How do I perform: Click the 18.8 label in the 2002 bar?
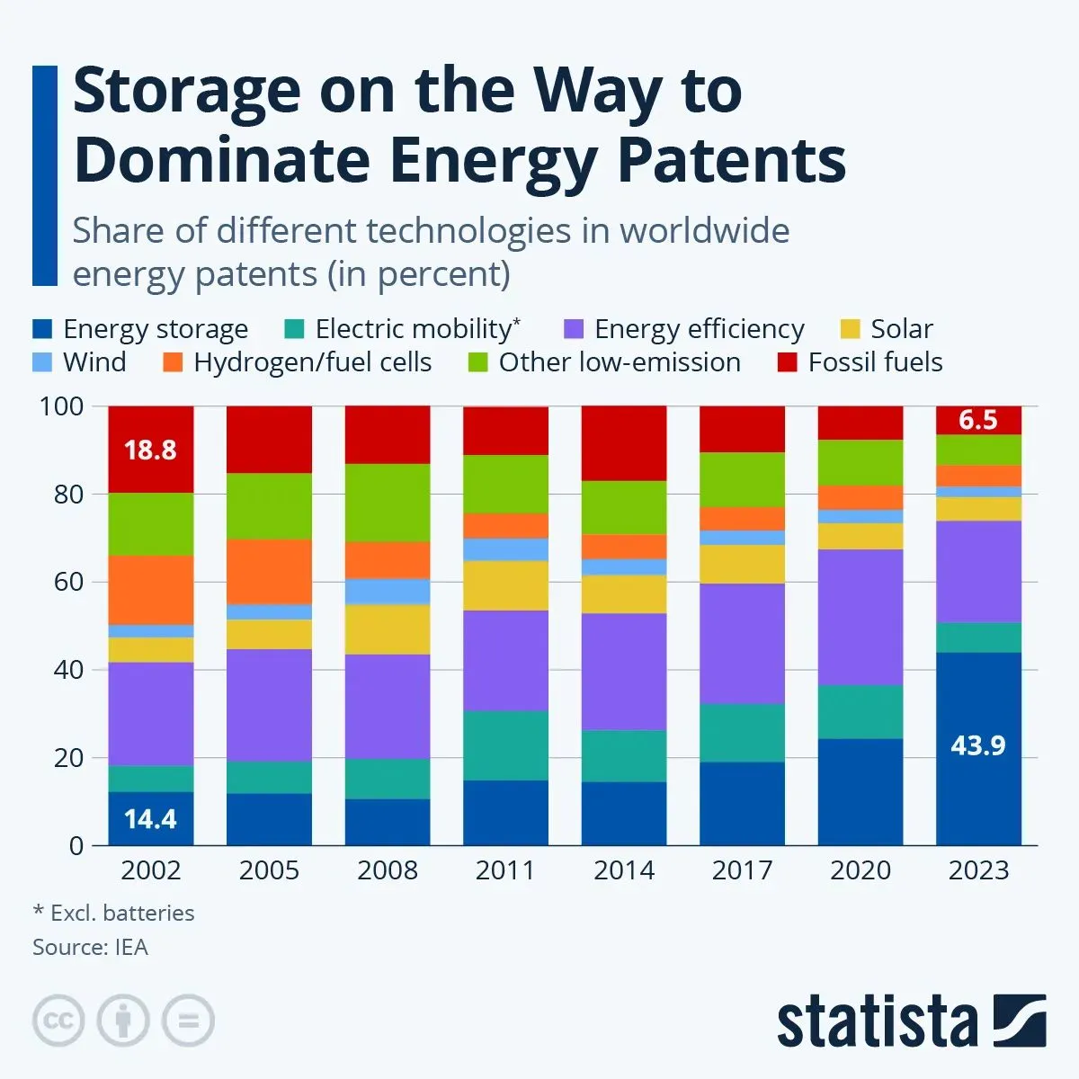click(x=150, y=450)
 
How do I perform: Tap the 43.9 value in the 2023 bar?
click(x=978, y=745)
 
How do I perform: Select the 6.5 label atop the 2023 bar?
click(x=978, y=420)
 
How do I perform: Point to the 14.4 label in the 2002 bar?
click(x=150, y=819)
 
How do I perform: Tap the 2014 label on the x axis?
click(x=624, y=870)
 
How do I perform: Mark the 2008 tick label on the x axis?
click(x=388, y=870)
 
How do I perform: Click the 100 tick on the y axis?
click(x=61, y=406)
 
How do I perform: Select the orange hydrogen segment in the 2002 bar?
click(x=150, y=590)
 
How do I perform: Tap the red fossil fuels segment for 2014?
click(x=624, y=442)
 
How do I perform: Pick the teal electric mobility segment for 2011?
click(x=505, y=745)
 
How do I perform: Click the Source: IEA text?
click(x=90, y=947)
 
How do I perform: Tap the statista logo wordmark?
click(x=877, y=1022)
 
